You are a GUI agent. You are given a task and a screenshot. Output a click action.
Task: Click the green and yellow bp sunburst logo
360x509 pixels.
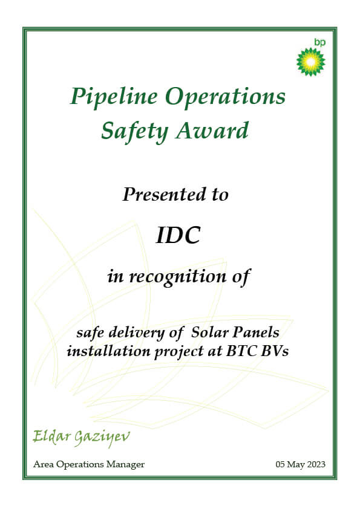tap(310, 62)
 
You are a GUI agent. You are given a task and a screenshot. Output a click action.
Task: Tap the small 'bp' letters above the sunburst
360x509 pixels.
tap(319, 42)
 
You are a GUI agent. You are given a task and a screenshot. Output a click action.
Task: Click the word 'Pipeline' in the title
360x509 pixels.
tap(114, 97)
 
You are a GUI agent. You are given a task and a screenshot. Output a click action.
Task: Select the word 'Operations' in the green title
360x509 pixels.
tap(225, 97)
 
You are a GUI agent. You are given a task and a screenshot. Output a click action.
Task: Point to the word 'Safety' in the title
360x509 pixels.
tap(134, 132)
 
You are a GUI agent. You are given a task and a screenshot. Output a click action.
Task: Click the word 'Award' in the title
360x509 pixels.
tap(212, 131)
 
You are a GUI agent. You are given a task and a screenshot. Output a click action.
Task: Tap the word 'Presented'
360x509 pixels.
tap(164, 195)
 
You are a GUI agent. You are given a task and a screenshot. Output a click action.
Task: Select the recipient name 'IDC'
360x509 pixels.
tap(178, 235)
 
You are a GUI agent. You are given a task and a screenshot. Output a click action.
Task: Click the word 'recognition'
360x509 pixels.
tap(178, 277)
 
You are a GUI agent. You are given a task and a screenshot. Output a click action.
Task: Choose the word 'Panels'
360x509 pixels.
tap(257, 332)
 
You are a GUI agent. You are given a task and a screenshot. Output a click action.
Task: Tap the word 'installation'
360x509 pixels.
tap(108, 351)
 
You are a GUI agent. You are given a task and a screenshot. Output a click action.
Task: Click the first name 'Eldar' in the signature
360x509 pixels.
tap(52, 437)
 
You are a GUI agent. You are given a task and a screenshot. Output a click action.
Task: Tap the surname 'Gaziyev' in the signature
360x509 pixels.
tap(102, 438)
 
